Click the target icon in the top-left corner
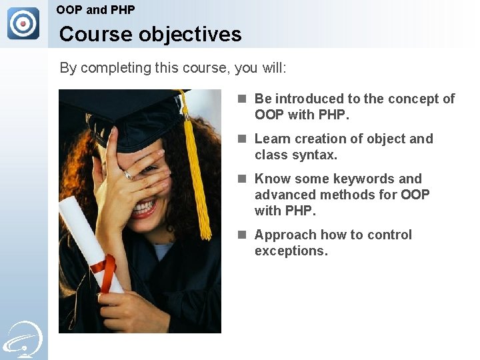tap(23, 23)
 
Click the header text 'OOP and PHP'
tap(95, 10)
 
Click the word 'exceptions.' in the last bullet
tap(291, 251)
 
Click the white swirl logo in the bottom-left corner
tap(23, 339)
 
